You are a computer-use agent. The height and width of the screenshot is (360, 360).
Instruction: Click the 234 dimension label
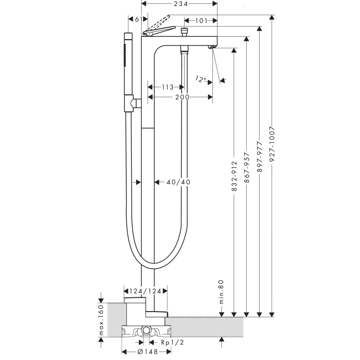(179, 4)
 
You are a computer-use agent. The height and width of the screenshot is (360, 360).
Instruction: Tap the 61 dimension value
(137, 19)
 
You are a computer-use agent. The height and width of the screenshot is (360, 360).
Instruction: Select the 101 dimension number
(201, 21)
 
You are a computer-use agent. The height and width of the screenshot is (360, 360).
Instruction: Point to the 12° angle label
(201, 79)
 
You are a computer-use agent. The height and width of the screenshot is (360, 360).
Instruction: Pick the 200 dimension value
(183, 97)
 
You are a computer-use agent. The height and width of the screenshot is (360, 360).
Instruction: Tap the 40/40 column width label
(178, 182)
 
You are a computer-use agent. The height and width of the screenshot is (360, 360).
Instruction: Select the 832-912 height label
(234, 176)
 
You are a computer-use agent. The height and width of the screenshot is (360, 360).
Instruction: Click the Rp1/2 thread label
(172, 342)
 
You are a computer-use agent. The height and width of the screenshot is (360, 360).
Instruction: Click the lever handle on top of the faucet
(158, 31)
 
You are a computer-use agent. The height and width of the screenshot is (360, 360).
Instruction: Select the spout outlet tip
(212, 47)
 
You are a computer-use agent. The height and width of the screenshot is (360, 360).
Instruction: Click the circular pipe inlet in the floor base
(146, 330)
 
